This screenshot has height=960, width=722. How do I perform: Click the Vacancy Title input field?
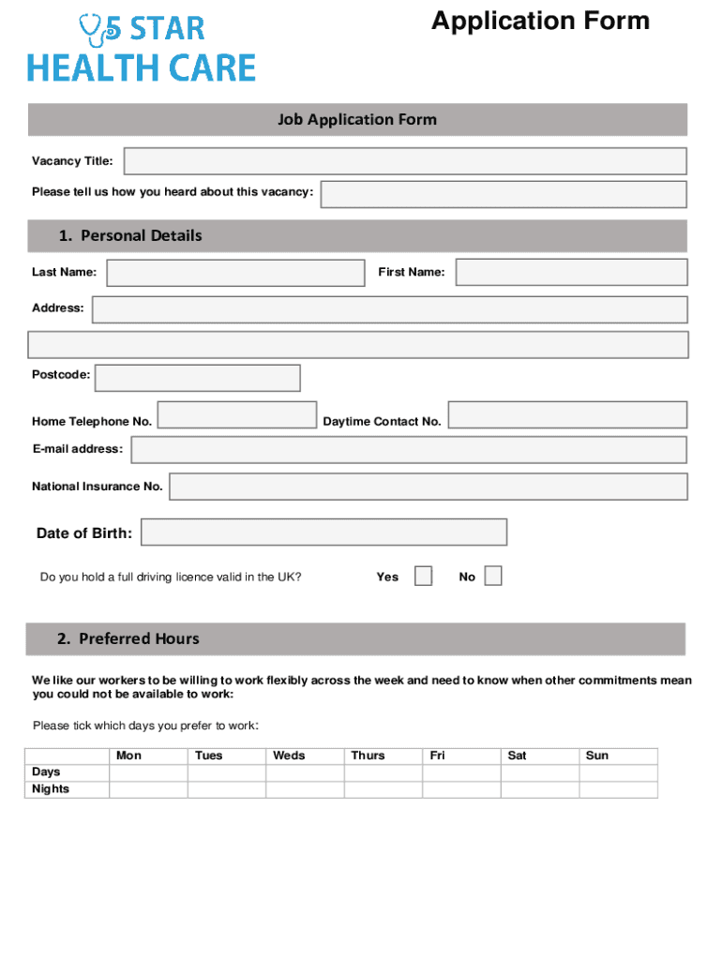coord(405,161)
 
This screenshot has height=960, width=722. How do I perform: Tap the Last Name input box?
coord(235,273)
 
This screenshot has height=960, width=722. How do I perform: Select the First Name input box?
coord(571,273)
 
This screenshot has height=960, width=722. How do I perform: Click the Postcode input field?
coord(198,378)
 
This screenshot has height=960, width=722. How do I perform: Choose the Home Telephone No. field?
coord(236,415)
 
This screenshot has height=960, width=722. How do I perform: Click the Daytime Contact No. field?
coord(567,415)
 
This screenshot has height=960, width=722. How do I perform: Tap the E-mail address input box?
coord(409,450)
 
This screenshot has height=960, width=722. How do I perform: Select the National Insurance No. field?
coord(428,487)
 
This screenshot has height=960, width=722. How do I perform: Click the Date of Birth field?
coord(323,532)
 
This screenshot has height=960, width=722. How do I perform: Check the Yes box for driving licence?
coord(424,576)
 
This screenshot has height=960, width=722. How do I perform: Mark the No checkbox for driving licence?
coord(493,576)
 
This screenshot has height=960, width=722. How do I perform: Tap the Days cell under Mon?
coord(148,772)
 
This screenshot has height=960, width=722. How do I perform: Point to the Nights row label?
coord(51,789)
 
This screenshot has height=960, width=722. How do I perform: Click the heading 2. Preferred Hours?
coord(128,639)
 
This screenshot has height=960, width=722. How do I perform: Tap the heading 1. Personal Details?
coord(129,236)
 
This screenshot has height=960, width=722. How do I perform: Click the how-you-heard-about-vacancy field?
coord(504,194)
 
